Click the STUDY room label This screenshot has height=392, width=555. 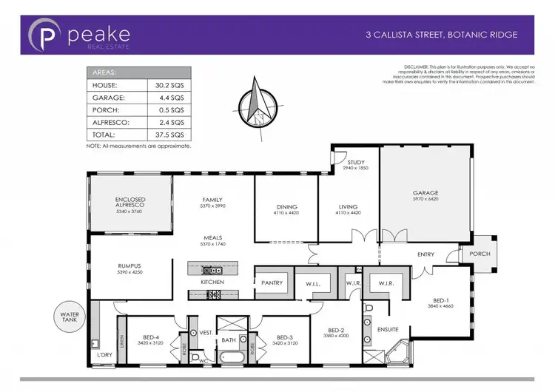[355, 162]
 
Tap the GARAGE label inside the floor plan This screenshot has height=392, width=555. [425, 193]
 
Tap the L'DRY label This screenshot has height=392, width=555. [105, 356]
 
